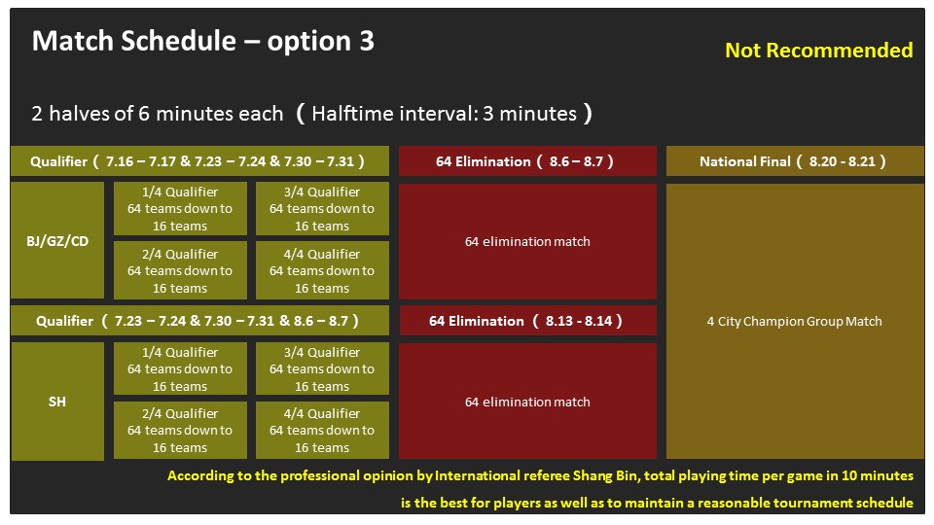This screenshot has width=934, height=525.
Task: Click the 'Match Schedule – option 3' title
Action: click(203, 41)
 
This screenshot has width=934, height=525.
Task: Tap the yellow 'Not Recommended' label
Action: click(818, 50)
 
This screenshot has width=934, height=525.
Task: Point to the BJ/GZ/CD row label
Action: click(57, 240)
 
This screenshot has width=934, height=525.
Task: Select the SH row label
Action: click(57, 402)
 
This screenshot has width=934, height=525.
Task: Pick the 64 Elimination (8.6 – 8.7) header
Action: click(527, 161)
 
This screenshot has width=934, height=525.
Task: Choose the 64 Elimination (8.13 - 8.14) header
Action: click(527, 321)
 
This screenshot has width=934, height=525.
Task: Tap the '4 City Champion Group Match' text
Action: click(794, 322)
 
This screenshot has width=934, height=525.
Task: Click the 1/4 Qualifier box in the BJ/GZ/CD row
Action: click(180, 208)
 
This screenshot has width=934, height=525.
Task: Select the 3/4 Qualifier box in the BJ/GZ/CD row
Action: click(322, 208)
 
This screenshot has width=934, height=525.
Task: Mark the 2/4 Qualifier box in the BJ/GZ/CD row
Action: click(180, 270)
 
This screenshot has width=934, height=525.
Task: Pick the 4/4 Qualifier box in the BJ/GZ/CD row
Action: click(322, 270)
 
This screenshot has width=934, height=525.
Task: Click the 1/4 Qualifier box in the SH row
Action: click(180, 368)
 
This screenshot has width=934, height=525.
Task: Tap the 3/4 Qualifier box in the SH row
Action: click(322, 368)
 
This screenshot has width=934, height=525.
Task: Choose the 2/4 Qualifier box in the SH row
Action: click(180, 431)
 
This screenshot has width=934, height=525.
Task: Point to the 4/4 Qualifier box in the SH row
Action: click(322, 431)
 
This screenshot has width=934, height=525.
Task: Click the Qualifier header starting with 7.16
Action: click(199, 161)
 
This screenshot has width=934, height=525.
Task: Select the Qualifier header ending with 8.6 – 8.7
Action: click(199, 321)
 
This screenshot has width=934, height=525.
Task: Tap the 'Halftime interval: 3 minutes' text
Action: click(445, 113)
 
